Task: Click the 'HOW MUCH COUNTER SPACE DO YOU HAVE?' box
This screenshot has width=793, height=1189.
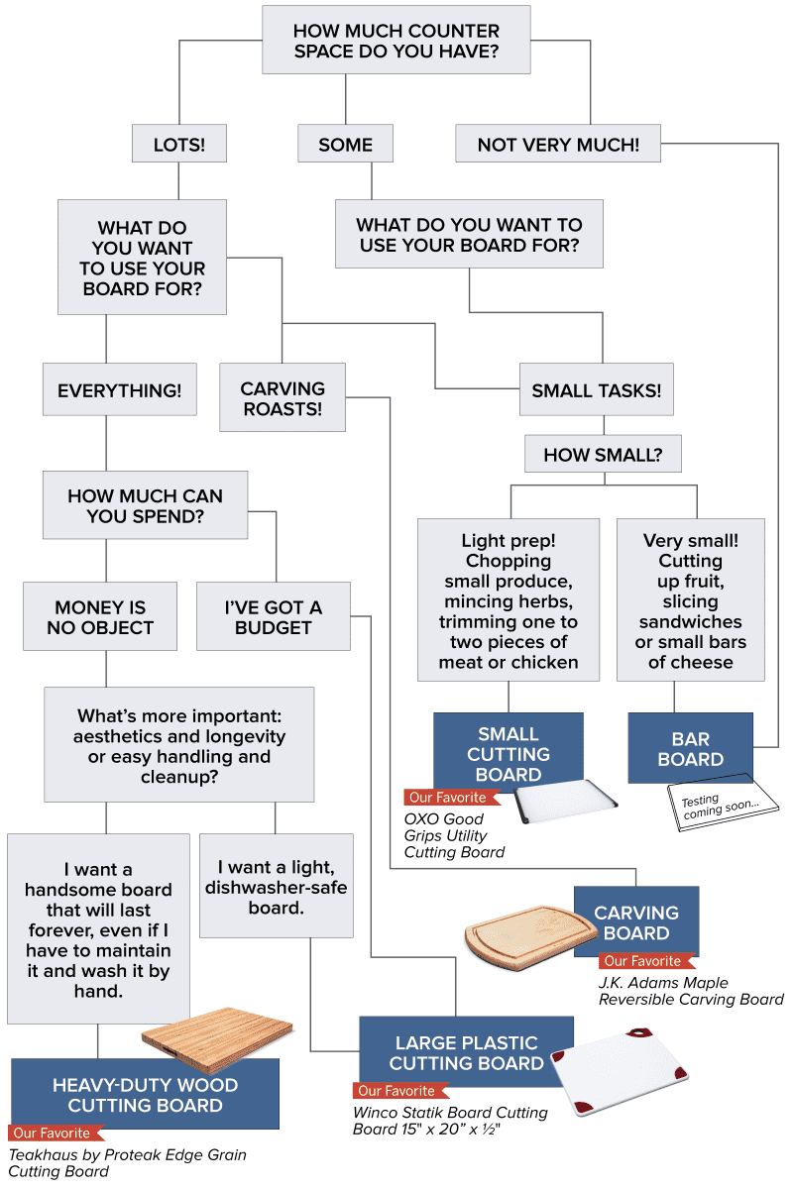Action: (x=396, y=41)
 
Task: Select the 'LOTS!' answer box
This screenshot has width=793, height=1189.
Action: (x=178, y=145)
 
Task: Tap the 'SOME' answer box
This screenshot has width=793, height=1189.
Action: (x=345, y=145)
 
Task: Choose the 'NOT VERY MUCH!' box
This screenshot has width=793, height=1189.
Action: (x=557, y=145)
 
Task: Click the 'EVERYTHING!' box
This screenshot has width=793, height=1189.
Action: (x=119, y=390)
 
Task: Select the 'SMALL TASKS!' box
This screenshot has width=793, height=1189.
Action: (x=596, y=390)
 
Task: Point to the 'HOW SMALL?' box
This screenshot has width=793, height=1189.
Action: (x=603, y=456)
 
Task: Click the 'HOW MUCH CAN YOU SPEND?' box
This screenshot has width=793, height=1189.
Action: (x=145, y=505)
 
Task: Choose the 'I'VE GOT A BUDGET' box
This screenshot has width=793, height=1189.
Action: (x=274, y=617)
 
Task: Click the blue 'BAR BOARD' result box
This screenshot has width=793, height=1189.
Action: (x=691, y=749)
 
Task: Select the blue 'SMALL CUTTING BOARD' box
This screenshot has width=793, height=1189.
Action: (x=509, y=753)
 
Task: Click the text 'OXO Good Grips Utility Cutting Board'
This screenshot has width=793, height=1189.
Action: (x=454, y=835)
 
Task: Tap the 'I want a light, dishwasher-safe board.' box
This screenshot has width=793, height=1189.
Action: (x=277, y=886)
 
